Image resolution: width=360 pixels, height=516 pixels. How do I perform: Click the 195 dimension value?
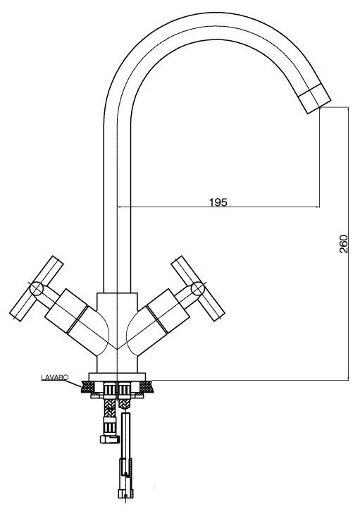pos(218,202)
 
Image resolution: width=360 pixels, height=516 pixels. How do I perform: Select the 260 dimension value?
pos(343,244)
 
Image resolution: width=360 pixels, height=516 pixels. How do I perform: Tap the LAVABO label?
pos(54,377)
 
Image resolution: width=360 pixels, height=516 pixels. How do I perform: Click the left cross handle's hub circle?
pos(37,288)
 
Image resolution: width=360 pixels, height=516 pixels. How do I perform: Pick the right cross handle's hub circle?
pos(198,288)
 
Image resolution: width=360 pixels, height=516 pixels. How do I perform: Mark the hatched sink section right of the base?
pos(145,387)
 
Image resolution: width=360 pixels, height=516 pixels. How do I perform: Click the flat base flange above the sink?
pos(117,377)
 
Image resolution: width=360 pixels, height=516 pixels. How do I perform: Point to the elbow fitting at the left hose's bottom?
pos(109,439)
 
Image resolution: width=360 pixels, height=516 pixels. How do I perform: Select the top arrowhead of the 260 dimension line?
pos(348,110)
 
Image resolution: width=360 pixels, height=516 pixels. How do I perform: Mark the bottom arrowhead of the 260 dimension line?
pos(348,377)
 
